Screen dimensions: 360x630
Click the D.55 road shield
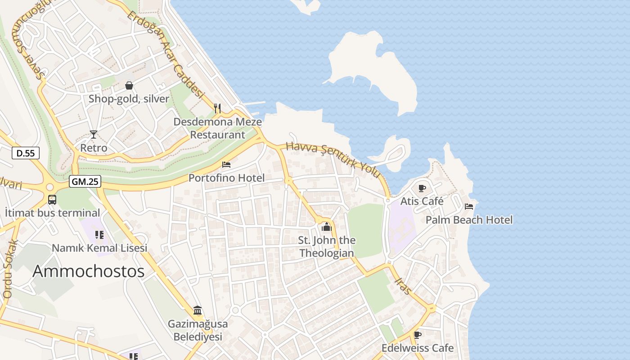(26, 153)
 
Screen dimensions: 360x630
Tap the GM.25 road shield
(85, 182)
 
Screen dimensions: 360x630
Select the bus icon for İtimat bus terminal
(52, 200)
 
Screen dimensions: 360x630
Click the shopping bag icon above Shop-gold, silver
(129, 85)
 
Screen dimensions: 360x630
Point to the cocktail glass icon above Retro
(93, 134)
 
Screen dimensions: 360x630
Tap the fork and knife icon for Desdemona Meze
(217, 108)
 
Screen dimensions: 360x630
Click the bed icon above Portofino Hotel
(226, 165)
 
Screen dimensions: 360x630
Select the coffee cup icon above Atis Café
(422, 188)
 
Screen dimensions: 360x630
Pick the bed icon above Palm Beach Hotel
(469, 207)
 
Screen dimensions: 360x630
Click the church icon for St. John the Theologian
(327, 227)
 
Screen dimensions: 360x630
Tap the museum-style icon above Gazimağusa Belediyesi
(198, 310)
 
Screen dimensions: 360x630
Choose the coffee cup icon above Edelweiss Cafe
(417, 335)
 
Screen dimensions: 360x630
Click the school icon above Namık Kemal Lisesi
(99, 234)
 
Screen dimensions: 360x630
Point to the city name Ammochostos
(89, 271)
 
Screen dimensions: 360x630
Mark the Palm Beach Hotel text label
(469, 220)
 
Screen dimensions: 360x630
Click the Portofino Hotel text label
(226, 178)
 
